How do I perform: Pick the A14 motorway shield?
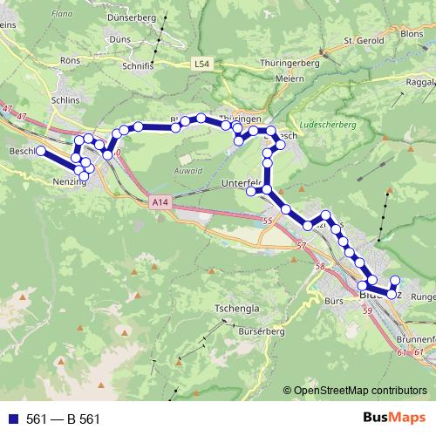[157, 201]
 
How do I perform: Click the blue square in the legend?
[12, 419]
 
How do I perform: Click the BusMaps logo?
[395, 419]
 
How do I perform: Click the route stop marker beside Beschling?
[40, 152]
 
